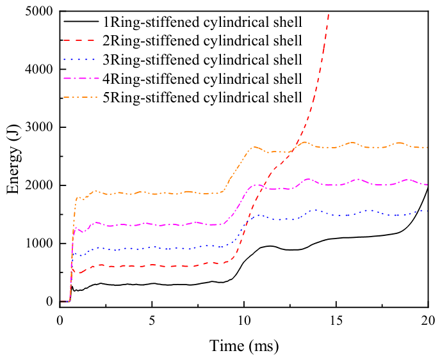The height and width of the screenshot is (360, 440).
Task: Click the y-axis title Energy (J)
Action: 13,159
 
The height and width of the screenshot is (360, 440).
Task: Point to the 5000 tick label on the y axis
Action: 39,12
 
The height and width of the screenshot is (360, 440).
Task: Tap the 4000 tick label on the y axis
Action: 39,69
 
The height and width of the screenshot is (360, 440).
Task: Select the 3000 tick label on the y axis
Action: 39,127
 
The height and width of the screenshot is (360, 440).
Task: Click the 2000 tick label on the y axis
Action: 39,185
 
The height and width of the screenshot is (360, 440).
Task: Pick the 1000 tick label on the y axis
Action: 39,243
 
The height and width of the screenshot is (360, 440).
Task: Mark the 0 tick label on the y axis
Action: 50,301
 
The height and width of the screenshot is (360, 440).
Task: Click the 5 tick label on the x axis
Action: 152,320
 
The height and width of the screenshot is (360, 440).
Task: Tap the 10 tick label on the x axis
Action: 244,320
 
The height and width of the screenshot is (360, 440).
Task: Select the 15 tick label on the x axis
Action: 336,320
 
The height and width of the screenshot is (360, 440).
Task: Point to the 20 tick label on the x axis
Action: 428,320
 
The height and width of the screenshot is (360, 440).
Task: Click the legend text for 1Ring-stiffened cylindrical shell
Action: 202,22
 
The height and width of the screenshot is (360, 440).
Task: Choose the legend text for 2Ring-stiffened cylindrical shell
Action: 202,41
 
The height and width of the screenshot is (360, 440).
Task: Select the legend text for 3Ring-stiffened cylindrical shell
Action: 202,59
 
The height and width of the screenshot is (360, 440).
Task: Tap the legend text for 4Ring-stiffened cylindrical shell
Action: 202,79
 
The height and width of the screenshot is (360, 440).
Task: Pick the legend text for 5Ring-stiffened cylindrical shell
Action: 202,97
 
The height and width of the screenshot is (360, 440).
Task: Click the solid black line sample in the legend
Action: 81,22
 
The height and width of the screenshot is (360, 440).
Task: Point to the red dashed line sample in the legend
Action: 81,40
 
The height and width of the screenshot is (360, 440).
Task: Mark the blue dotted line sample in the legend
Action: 81,59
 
